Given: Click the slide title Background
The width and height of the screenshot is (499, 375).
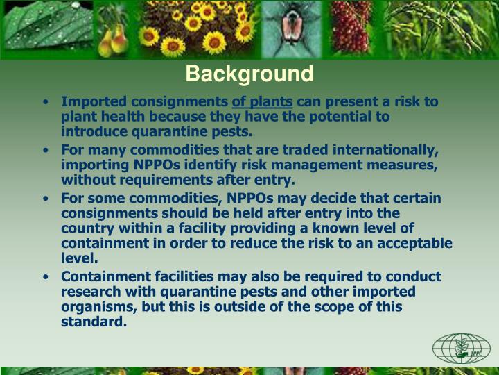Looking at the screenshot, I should point(249,73).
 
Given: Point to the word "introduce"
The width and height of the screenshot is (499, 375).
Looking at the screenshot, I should point(91,131).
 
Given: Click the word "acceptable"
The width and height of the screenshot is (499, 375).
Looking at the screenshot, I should point(413,243).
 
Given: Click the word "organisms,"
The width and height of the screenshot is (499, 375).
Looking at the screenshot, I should point(94,307).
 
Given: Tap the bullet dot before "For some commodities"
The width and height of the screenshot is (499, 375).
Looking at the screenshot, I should point(45,199).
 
